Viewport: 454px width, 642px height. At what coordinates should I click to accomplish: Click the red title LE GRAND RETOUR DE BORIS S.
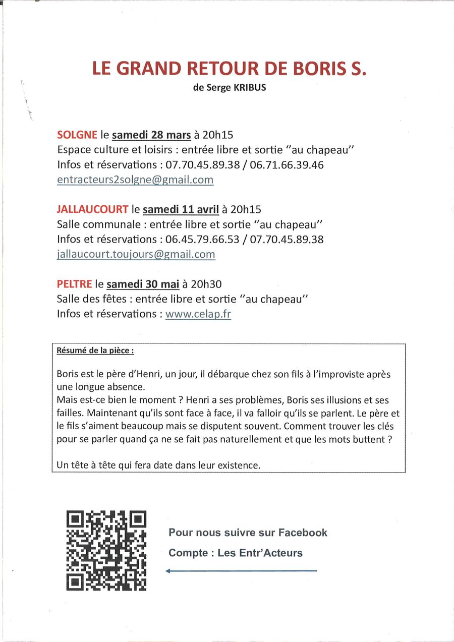[229, 69]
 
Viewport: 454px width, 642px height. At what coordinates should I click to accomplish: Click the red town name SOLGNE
[77, 135]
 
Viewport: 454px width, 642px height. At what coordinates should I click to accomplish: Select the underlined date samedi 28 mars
[151, 135]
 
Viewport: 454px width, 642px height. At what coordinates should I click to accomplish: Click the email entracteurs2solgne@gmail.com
[135, 180]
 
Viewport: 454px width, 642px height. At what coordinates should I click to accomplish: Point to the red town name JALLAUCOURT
[93, 209]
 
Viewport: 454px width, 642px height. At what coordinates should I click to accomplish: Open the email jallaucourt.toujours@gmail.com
[136, 254]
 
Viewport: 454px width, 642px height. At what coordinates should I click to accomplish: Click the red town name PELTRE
[75, 284]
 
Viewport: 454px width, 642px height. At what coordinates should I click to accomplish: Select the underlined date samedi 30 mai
[143, 284]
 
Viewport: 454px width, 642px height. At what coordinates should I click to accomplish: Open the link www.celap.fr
[198, 314]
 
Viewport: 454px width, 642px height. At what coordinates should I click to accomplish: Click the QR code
[106, 550]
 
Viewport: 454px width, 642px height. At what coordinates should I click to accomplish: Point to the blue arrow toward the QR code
[241, 571]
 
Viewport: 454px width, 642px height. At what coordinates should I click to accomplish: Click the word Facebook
[303, 533]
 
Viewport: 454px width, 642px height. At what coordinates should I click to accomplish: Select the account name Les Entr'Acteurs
[260, 553]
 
